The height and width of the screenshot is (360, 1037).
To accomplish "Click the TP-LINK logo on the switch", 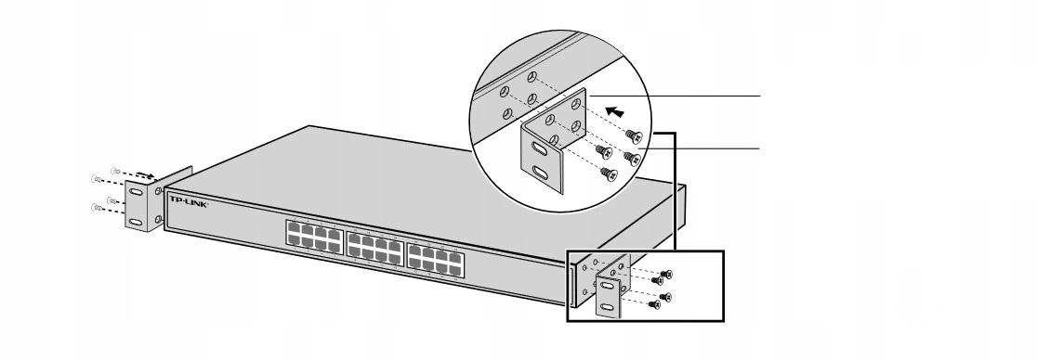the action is (x=190, y=200).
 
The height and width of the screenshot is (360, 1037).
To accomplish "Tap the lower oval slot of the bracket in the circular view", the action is (x=541, y=174).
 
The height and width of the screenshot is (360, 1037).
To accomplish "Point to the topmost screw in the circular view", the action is (x=635, y=136).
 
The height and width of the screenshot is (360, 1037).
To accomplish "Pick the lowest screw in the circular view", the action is (x=610, y=174).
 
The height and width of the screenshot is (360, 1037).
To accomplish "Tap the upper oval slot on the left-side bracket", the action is (x=136, y=192).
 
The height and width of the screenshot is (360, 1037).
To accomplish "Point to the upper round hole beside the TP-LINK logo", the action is (x=158, y=191).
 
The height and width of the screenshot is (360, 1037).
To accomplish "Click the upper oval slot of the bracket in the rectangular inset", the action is (x=607, y=286).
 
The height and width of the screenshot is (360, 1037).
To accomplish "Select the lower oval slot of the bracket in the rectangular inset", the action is (x=607, y=306).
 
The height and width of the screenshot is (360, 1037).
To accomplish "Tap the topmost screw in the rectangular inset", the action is (x=666, y=274).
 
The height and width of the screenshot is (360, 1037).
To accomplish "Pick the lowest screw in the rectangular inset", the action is (x=654, y=303).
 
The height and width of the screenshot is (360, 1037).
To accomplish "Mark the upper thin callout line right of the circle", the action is (x=676, y=96).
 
